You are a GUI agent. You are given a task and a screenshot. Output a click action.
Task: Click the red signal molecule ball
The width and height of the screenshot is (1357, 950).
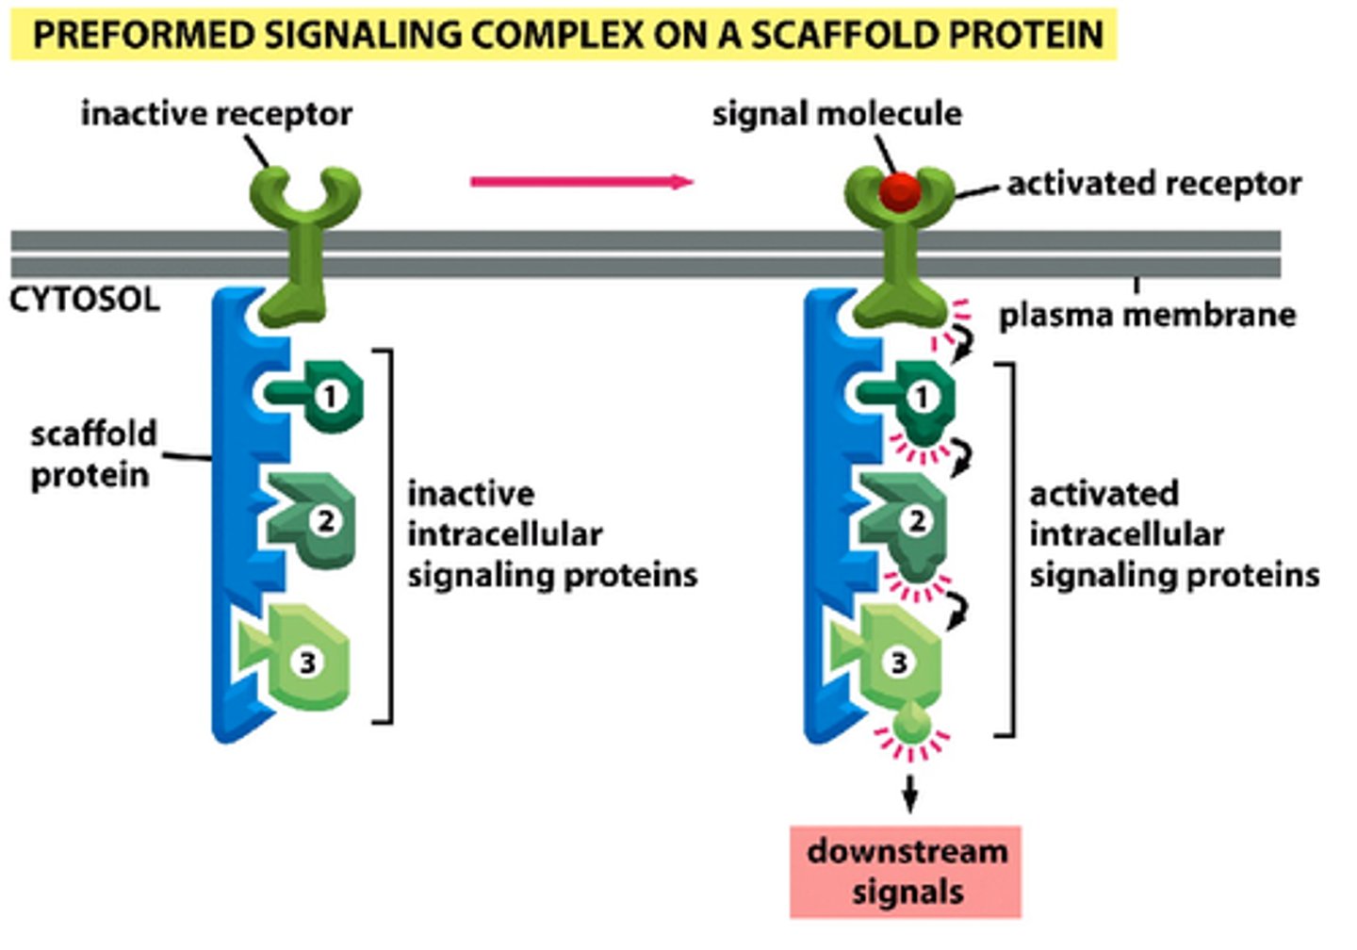point(899,191)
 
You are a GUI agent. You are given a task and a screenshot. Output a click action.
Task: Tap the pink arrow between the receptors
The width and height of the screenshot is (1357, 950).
point(581,182)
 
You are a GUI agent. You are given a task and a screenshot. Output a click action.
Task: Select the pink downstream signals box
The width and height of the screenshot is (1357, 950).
point(906,872)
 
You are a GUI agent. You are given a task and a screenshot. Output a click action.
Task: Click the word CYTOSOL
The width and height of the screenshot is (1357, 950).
point(85,300)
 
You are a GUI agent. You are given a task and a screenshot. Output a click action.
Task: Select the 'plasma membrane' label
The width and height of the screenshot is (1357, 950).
point(1147,315)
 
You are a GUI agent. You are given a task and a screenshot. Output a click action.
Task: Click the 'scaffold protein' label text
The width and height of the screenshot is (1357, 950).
point(92,453)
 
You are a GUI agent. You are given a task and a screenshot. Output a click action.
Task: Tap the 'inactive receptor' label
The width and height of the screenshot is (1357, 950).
point(216,113)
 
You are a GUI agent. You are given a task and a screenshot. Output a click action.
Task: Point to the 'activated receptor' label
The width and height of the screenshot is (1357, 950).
point(1154,183)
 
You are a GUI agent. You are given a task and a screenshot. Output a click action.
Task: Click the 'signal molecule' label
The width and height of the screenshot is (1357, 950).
point(837,113)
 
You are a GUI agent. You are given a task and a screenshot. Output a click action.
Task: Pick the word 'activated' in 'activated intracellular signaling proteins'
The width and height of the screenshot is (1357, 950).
point(1104,494)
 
